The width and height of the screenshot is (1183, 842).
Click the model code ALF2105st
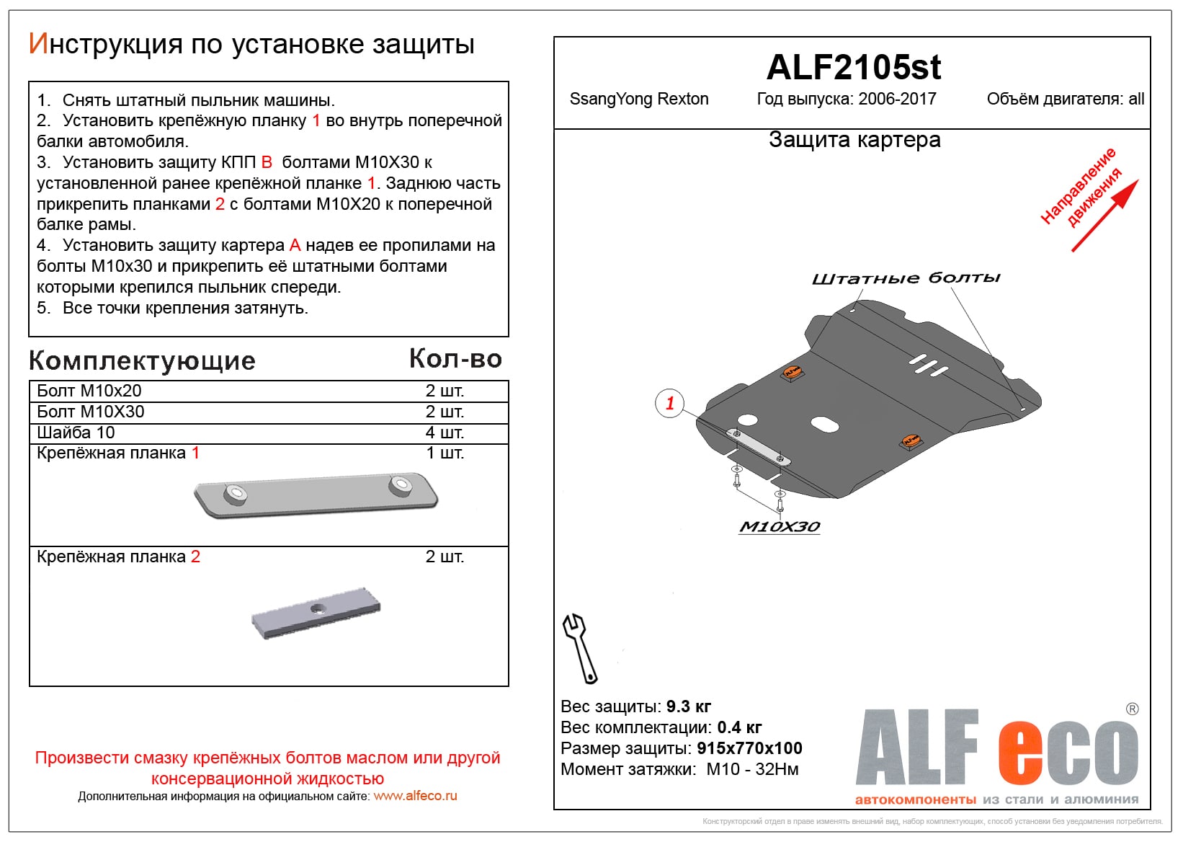[x=853, y=68]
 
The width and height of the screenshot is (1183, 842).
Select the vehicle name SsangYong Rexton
[x=638, y=99]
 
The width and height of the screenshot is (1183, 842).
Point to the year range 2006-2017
[x=897, y=99]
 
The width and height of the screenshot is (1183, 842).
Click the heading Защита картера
[x=854, y=139]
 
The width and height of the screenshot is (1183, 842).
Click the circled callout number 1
[x=669, y=403]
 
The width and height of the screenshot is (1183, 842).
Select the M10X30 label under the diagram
[x=780, y=527]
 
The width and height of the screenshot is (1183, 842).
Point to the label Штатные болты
[x=906, y=278]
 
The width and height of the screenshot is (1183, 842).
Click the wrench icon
[x=579, y=647]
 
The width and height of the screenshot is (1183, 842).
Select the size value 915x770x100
[x=749, y=748]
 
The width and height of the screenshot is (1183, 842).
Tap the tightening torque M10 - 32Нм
[x=752, y=769]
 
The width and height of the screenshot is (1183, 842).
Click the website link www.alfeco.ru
[x=415, y=796]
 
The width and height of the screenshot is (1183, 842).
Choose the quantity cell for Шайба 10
[x=445, y=433]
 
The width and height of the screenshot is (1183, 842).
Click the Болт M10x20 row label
[x=89, y=391]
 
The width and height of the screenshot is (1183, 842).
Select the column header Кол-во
[x=455, y=359]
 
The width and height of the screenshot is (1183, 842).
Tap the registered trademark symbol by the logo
[x=1132, y=709]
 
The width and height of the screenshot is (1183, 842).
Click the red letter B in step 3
[x=267, y=162]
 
